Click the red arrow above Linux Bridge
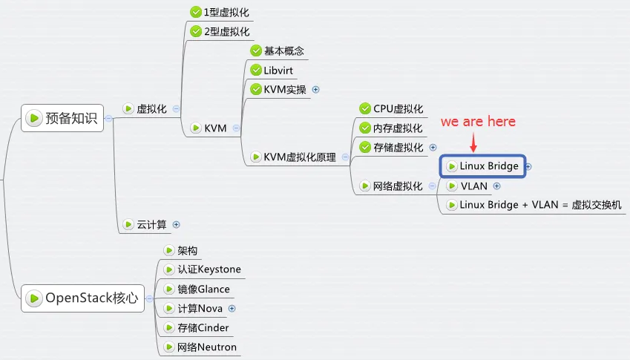point(473,143)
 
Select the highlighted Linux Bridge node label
point(489,166)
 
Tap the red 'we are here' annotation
point(478,121)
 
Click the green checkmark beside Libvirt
point(256,70)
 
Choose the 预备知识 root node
point(62,118)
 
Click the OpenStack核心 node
point(83,298)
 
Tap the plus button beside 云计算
point(176,225)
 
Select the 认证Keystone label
point(209,269)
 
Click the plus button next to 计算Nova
point(232,308)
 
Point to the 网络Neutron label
point(207,347)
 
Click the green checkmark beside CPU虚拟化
point(365,108)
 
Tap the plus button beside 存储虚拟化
point(433,148)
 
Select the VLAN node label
point(474,186)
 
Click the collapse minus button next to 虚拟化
point(176,108)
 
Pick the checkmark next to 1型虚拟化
point(196,12)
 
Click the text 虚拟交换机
point(597,205)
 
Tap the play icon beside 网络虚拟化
point(365,186)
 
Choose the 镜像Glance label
point(204,289)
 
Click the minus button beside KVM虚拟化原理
point(345,157)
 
